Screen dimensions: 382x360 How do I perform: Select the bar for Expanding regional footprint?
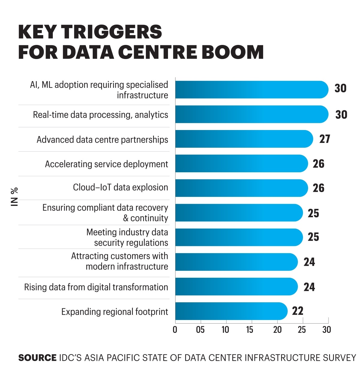tap(231, 311)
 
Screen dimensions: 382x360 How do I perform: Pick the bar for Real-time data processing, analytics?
tap(252, 114)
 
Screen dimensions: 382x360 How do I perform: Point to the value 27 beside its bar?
tap(325, 139)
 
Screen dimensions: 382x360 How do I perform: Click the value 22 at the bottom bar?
tap(298, 311)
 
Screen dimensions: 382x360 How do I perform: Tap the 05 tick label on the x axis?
tap(200, 330)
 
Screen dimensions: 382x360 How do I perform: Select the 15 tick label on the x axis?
tap(250, 330)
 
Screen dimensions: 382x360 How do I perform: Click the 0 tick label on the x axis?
tap(175, 330)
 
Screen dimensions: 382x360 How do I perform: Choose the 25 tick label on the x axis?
tap(301, 330)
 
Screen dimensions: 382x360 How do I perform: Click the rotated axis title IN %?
tap(14, 197)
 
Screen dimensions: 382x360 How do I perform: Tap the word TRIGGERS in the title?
tap(111, 32)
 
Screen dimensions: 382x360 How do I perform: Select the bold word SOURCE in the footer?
tap(37, 358)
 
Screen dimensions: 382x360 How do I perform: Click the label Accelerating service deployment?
tap(106, 164)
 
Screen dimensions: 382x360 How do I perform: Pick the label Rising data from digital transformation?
tap(96, 287)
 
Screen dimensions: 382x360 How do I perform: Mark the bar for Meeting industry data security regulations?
tap(239, 237)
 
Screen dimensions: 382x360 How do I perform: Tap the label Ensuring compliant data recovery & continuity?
tap(105, 213)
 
